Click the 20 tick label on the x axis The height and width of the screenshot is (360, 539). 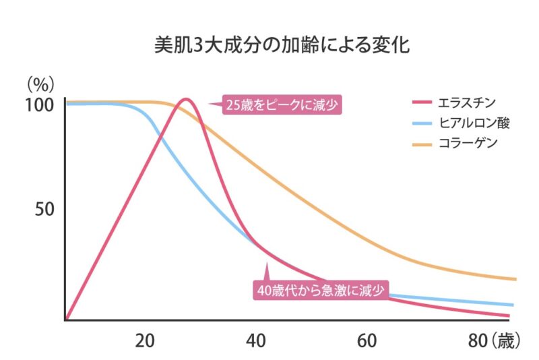146,340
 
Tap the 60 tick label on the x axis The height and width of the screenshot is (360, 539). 367,340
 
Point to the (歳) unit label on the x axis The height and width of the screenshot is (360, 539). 505,340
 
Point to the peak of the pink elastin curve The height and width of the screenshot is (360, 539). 186,100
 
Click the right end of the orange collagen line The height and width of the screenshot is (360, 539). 515,279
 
